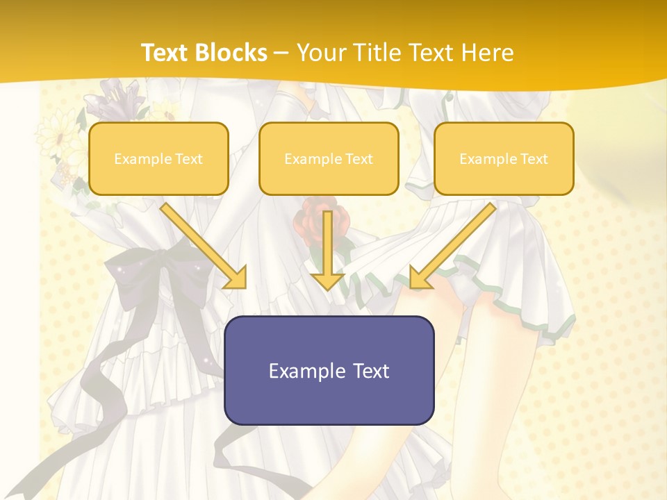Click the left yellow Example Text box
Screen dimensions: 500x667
(x=158, y=158)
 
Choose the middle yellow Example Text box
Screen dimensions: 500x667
(x=329, y=158)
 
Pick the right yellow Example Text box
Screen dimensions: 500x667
(x=504, y=158)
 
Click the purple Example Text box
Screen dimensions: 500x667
(x=329, y=370)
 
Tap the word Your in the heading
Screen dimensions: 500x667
(x=319, y=53)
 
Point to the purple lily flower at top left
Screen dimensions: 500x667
(x=118, y=97)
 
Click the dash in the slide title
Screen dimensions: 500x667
(x=282, y=53)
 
